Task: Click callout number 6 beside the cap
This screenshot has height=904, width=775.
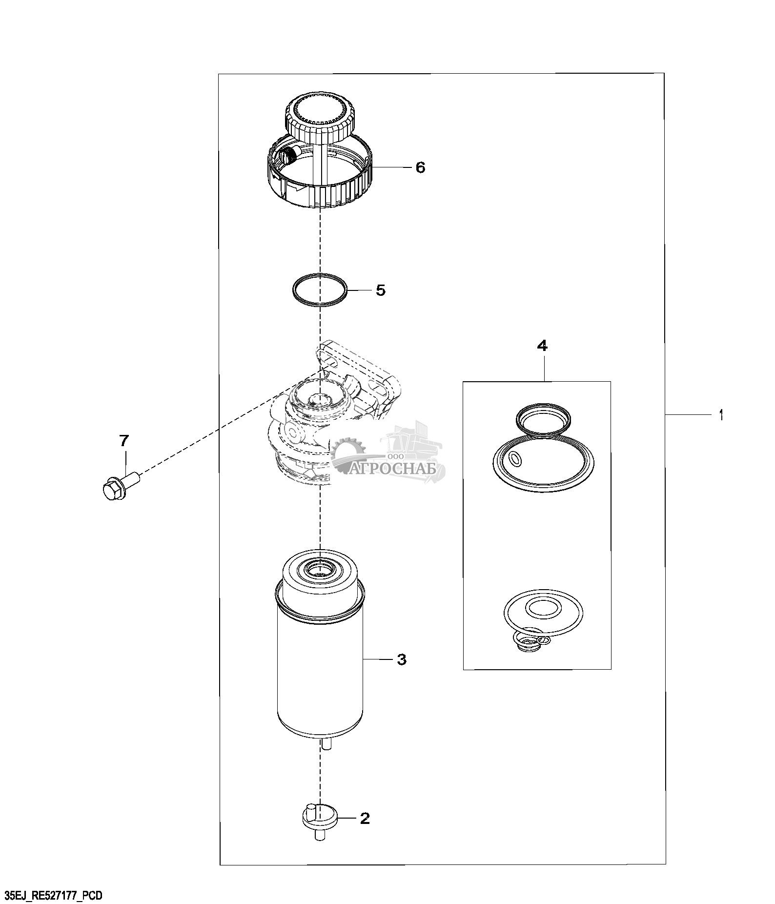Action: pyautogui.click(x=420, y=167)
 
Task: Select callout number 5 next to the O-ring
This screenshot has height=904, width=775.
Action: pyautogui.click(x=381, y=290)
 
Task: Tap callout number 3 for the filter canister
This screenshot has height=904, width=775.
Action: pyautogui.click(x=401, y=660)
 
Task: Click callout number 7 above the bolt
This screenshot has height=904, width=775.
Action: pyautogui.click(x=124, y=441)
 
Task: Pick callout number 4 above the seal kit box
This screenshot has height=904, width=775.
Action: pyautogui.click(x=542, y=346)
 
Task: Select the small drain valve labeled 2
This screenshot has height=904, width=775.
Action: pyautogui.click(x=320, y=823)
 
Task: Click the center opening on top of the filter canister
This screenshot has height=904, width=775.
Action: pyautogui.click(x=320, y=569)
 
